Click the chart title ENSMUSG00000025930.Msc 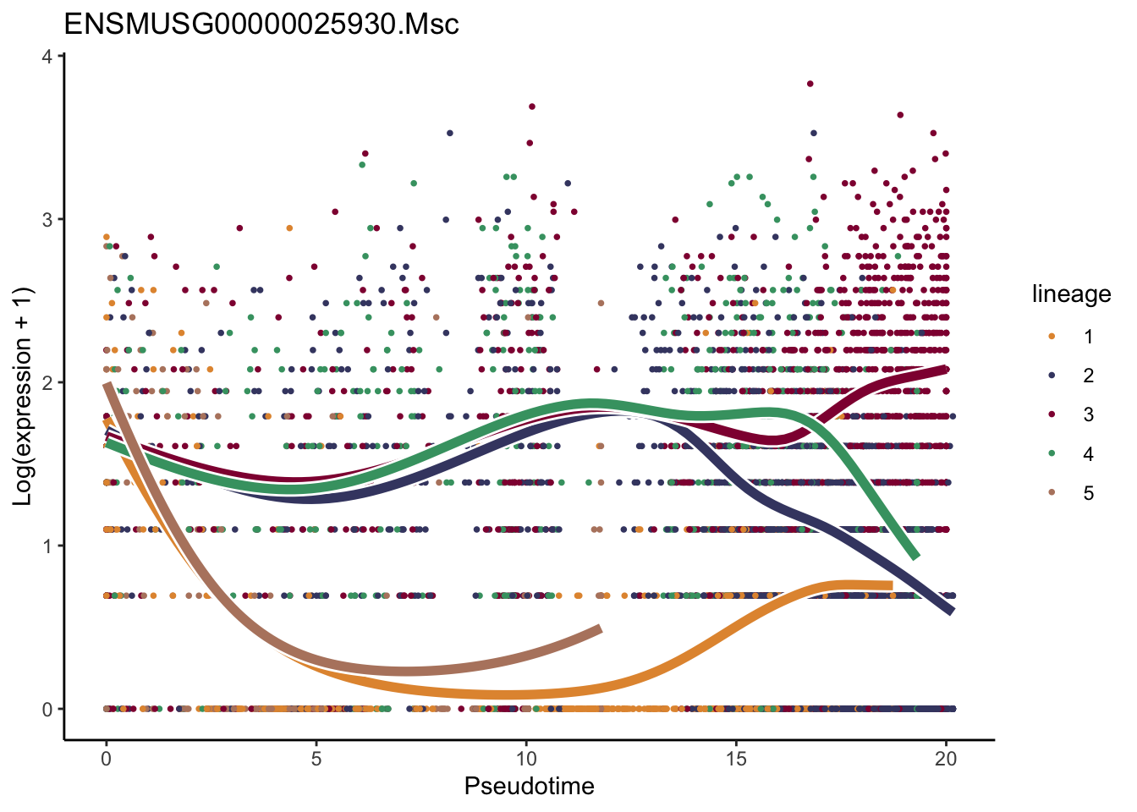[261, 24]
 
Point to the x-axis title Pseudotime [529, 787]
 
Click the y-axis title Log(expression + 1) [23, 397]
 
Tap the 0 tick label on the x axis [106, 759]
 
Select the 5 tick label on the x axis [316, 759]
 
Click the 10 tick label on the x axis [526, 759]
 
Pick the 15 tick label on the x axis [736, 759]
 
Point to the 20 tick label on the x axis [946, 759]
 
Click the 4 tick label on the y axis [47, 57]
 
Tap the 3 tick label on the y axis [47, 220]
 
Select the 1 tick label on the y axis [47, 546]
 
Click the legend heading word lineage [1071, 294]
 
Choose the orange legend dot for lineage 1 [1052, 337]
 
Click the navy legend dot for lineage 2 [1052, 376]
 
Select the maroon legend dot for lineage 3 [1052, 414]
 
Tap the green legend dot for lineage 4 [1052, 454]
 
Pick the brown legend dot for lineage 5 [1052, 493]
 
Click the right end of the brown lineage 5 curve [599, 629]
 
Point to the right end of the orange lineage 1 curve [891, 585]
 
